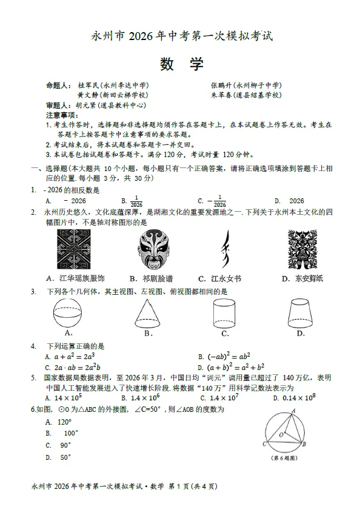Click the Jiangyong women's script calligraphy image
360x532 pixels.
[x=227, y=249]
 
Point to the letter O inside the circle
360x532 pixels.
[x=281, y=435]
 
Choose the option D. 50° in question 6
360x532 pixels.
[x=59, y=457]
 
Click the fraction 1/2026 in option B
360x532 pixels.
[x=136, y=201]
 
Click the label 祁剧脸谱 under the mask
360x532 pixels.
[x=151, y=278]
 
